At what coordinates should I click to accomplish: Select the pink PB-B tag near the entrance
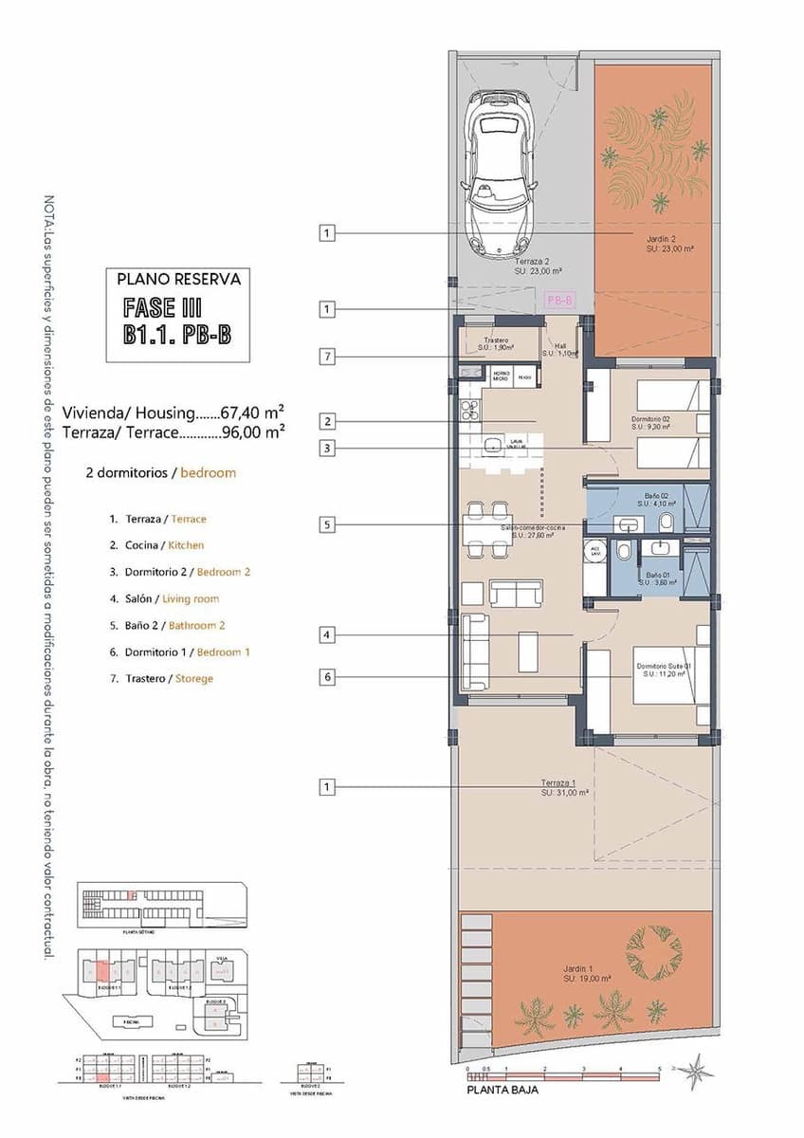click(560, 300)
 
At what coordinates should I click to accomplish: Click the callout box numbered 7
click(327, 357)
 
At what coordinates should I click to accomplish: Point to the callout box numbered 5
click(327, 523)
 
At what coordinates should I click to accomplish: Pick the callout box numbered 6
click(327, 677)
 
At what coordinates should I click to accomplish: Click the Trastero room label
click(497, 343)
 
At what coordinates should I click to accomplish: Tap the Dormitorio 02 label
click(651, 423)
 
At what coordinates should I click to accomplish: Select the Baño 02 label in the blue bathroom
click(658, 500)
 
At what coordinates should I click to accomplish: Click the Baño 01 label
click(661, 579)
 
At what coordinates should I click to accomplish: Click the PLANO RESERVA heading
click(178, 280)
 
